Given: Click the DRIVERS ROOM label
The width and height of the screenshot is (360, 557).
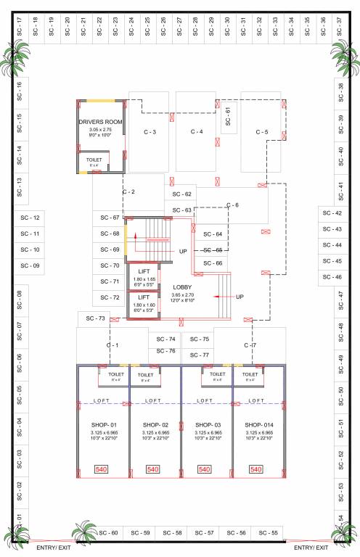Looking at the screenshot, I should click(x=99, y=121).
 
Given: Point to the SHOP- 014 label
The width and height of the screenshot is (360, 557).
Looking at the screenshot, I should click(x=258, y=425).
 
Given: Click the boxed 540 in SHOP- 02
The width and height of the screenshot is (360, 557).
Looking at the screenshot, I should click(x=153, y=470).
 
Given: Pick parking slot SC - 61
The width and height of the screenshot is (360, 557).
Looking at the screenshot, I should click(x=228, y=115).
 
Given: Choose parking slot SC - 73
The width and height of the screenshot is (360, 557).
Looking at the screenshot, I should click(x=96, y=318).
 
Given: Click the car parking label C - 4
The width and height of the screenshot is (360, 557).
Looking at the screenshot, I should click(x=197, y=131).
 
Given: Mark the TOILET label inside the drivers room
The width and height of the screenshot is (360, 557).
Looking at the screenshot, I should click(x=94, y=159).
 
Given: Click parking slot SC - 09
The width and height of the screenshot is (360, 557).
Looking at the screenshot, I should click(x=30, y=266).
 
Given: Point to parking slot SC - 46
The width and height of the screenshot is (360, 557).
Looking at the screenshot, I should click(x=332, y=277).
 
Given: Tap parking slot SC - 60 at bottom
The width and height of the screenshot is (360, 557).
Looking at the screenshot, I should click(x=108, y=533).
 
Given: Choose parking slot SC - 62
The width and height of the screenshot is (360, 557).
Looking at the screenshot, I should click(x=182, y=194).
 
